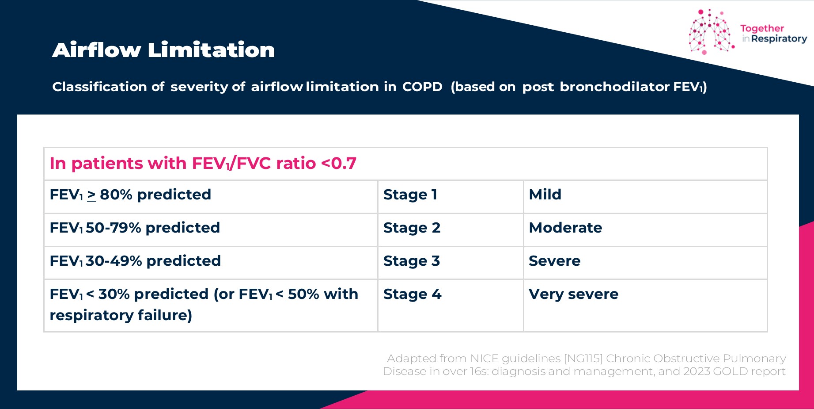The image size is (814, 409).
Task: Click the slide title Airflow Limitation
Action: pos(163,50)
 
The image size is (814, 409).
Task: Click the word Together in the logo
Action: pos(762,29)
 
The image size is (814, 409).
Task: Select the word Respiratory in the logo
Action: pos(779,39)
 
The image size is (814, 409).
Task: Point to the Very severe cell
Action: pos(573,294)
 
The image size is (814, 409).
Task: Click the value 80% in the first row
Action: pos(116,195)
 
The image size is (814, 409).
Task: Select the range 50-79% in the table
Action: pos(114,228)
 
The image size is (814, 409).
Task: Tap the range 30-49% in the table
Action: pos(114,261)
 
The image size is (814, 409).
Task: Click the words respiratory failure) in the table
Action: pos(121,315)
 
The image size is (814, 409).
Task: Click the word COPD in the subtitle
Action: pos(422,87)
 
